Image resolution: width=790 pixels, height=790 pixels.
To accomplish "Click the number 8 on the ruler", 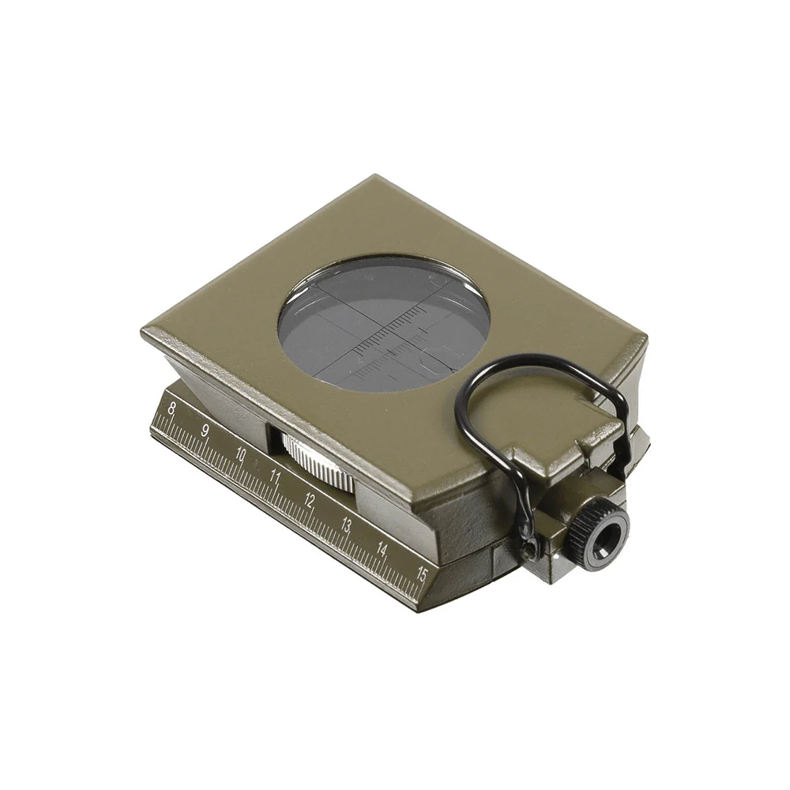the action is point(171,408).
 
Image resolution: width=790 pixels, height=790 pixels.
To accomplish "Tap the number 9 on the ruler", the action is point(205,431).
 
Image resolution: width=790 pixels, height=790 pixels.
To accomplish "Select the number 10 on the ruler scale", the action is point(240,455).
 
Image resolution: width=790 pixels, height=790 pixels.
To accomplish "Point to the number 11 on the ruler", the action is point(275,476).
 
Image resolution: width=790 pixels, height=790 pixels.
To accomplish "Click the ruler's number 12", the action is point(310,500).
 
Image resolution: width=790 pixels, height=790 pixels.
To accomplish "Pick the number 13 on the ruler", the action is point(346,525).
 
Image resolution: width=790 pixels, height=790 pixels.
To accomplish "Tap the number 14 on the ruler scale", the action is point(382,550).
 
